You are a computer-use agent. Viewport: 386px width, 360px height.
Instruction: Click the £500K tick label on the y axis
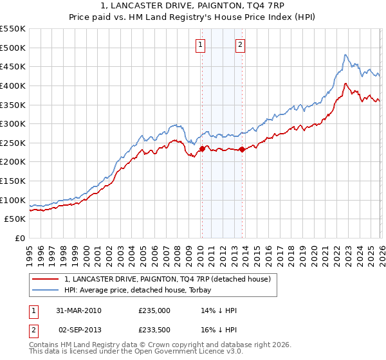point(13,48)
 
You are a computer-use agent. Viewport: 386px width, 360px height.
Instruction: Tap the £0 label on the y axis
point(19,238)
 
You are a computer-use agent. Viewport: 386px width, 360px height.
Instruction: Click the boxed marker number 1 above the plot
point(201,45)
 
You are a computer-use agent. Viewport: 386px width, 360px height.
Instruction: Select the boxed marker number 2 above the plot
point(240,45)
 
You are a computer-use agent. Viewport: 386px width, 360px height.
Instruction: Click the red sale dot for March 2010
point(201,148)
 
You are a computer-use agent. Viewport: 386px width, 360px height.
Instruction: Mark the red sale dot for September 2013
point(241,149)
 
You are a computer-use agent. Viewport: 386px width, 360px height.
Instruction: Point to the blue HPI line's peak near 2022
point(345,55)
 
